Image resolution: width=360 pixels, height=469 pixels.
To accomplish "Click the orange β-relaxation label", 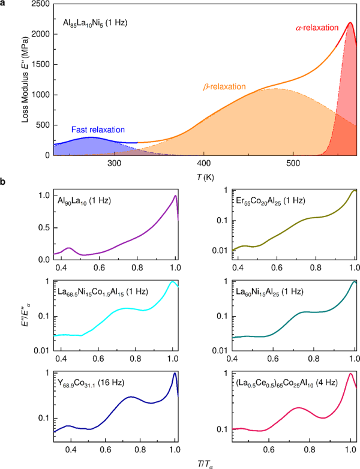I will tap(225, 87).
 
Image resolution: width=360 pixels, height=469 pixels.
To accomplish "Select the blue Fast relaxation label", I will tap(98, 130).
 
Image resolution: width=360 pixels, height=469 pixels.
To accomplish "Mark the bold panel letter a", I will tap(5, 4).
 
